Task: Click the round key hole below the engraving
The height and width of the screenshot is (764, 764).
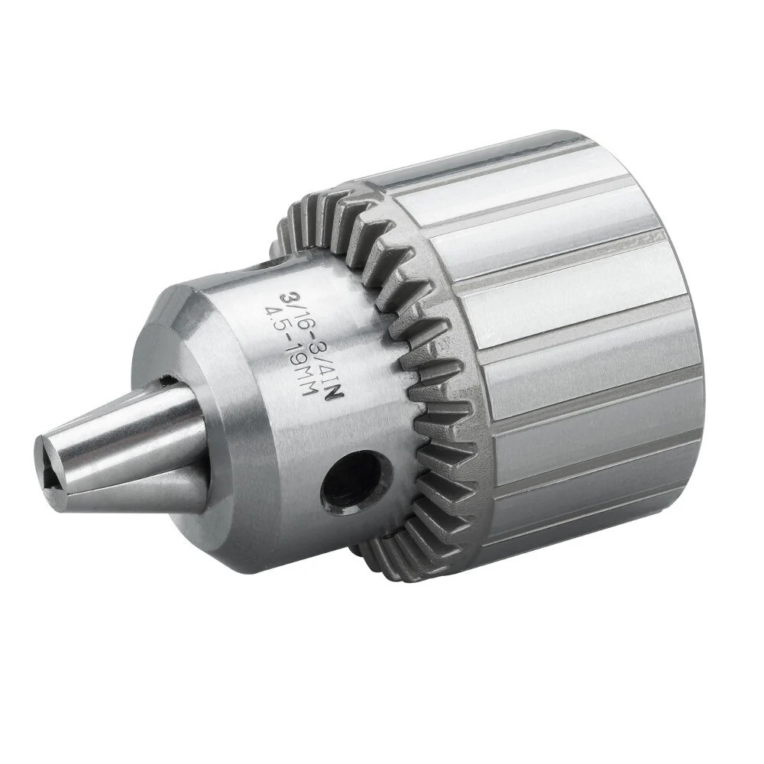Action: coord(356,483)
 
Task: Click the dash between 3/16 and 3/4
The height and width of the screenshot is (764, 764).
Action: coord(310,335)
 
